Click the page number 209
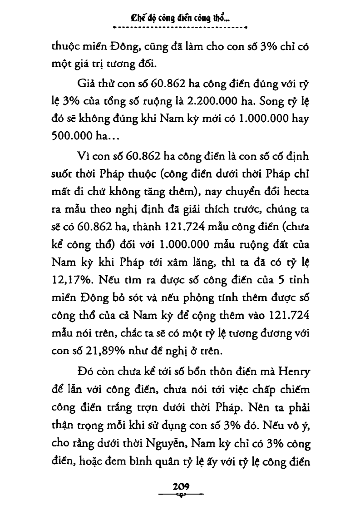point(181,485)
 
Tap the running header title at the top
point(180,19)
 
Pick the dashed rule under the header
point(180,28)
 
